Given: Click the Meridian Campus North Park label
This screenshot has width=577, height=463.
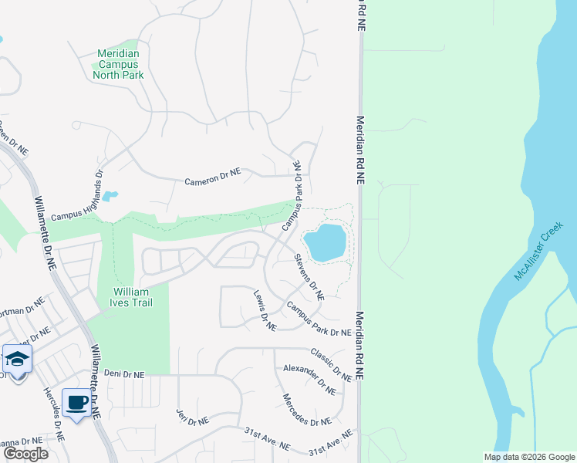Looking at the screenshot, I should click(x=118, y=64).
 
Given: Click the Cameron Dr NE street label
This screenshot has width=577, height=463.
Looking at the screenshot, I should click(x=212, y=179).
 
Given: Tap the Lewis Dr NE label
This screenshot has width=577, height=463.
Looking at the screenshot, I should click(x=265, y=310).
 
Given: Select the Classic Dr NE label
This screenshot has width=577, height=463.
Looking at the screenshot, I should click(x=331, y=364).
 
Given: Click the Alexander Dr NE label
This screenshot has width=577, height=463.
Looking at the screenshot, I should click(x=309, y=379).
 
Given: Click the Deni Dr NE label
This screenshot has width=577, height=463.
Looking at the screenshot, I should click(x=124, y=374).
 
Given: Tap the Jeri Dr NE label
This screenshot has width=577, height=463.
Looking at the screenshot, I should click(x=192, y=417).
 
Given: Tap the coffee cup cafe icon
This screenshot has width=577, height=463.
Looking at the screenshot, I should click(x=76, y=402).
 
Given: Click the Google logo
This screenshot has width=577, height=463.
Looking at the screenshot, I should click(x=25, y=454).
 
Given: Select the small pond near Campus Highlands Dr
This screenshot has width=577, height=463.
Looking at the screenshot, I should click(x=110, y=196).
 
